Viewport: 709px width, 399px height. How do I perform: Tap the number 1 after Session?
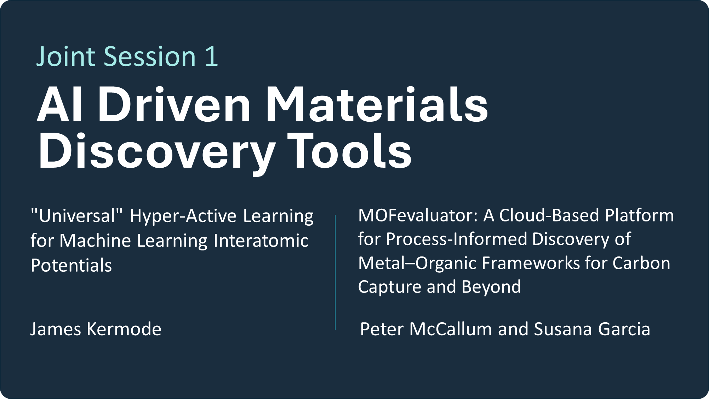(211, 57)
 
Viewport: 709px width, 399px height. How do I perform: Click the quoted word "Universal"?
(77, 215)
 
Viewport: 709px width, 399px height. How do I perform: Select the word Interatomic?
(261, 241)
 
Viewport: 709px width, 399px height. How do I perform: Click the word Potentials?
(71, 265)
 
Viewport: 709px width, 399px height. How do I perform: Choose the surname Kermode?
(124, 329)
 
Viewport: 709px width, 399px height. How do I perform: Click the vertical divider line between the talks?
(335, 272)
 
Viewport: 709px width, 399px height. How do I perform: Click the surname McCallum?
(451, 329)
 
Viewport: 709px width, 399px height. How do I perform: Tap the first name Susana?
(563, 329)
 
